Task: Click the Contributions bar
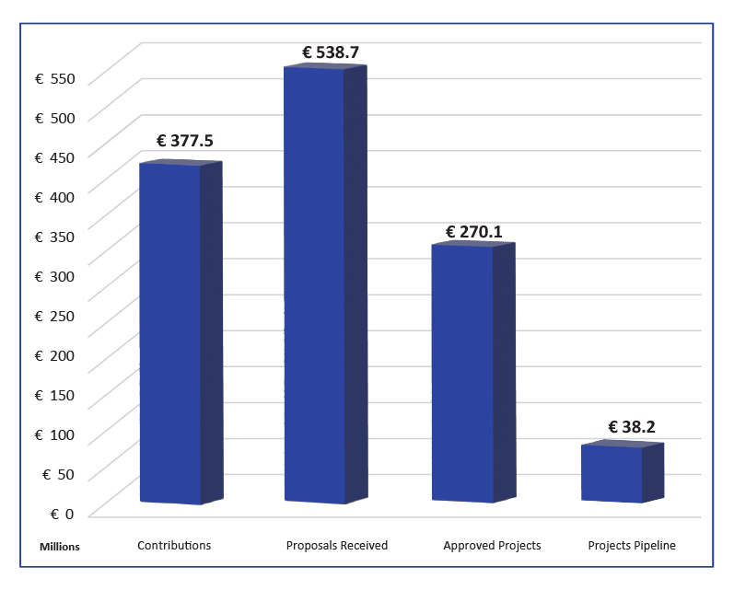tap(171, 331)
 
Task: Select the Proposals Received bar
tap(315, 285)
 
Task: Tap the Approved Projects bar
tap(463, 373)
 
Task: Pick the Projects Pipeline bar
tap(612, 473)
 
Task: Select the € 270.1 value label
tap(474, 232)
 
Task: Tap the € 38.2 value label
tap(631, 427)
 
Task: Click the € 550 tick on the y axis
tap(54, 78)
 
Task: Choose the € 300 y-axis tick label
tap(54, 276)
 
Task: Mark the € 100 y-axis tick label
tap(54, 434)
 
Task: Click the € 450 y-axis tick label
tap(54, 157)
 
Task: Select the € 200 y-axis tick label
tap(54, 355)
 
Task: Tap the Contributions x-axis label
tap(174, 546)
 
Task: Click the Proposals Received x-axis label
tap(337, 546)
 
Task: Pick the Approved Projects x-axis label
tap(492, 546)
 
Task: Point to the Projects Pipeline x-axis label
tap(632, 546)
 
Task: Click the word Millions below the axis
tap(60, 547)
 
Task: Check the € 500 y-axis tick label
tap(54, 118)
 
